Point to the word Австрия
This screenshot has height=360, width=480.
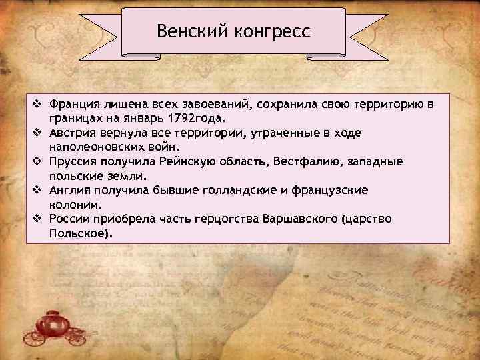click(72, 133)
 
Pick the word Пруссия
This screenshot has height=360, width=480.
click(73, 162)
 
